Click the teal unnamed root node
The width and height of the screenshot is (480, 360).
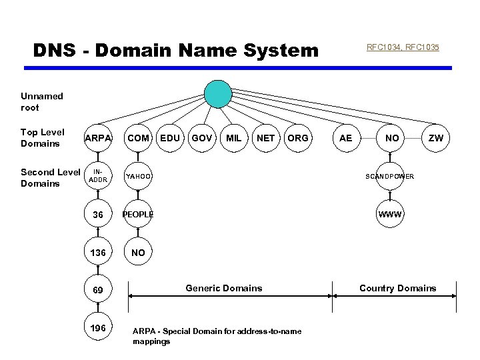(218, 94)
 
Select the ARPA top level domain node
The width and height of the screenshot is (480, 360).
(98, 138)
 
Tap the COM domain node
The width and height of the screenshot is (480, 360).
(138, 138)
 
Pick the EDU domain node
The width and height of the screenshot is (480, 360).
(171, 138)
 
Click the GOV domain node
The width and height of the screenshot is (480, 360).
(201, 138)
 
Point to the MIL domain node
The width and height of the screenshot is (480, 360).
(233, 138)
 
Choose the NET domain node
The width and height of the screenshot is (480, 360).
(265, 138)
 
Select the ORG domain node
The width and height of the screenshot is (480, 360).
(297, 138)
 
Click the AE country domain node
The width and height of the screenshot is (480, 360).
(345, 138)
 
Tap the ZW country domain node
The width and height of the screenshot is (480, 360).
(435, 138)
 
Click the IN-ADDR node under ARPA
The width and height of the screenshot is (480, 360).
(98, 176)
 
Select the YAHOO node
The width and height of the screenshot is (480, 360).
(138, 176)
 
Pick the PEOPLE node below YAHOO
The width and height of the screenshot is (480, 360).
(138, 215)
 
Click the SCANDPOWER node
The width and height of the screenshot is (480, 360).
(389, 176)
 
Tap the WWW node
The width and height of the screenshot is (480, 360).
(389, 215)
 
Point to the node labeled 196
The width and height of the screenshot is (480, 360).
(98, 328)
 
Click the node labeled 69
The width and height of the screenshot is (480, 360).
(98, 291)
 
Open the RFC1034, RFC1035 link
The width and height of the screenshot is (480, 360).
(403, 47)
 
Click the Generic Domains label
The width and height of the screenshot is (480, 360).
(223, 288)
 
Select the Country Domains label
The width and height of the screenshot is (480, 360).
(397, 288)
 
